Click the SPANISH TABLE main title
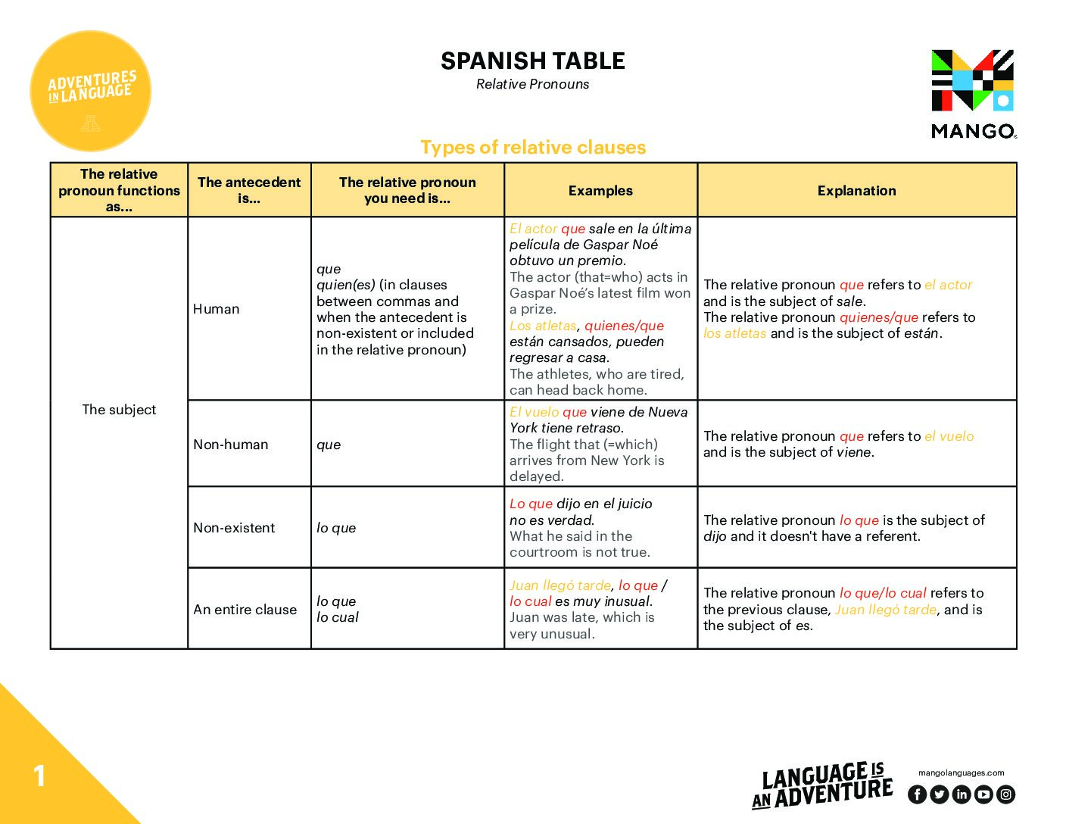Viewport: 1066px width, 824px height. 533,61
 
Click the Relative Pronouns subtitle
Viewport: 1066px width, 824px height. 533,84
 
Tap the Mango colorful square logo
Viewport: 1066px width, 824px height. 972,80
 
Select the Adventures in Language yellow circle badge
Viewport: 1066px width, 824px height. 91,91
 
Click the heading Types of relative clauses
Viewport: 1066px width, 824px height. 533,147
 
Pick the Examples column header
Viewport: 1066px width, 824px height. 600,191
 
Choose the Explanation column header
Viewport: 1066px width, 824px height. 856,191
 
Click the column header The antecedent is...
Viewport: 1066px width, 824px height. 249,190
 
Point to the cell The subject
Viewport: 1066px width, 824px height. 119,410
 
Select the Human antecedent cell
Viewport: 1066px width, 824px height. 217,309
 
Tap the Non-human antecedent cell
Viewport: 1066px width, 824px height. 231,445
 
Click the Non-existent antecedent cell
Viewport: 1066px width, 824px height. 234,528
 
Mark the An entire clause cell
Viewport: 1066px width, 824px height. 245,610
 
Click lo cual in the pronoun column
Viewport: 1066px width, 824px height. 338,617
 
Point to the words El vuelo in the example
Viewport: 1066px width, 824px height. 534,412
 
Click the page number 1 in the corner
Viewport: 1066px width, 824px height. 39,776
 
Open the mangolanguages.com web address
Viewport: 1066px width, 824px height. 961,773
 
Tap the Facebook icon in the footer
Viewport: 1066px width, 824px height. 917,794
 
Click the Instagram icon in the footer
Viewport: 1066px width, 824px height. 1005,794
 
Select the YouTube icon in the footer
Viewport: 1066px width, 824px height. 983,794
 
